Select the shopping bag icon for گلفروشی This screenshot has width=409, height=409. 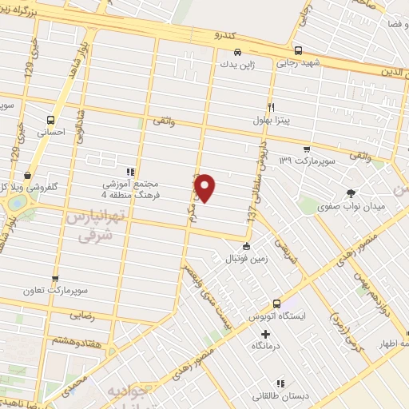[28, 175]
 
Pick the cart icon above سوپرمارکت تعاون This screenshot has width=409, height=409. [54, 280]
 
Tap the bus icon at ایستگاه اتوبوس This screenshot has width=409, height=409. [277, 304]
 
